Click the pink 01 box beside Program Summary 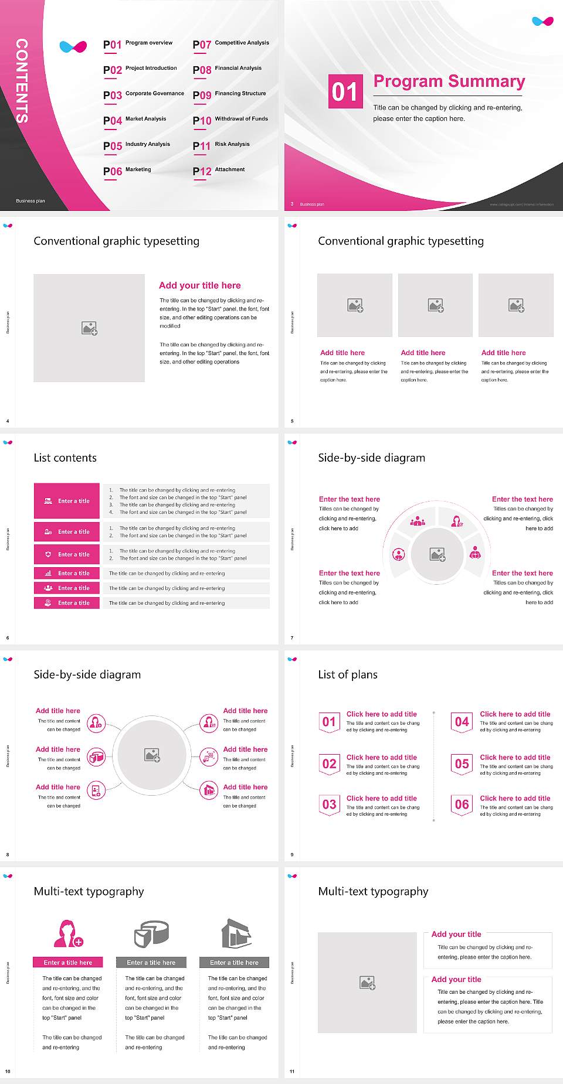(345, 91)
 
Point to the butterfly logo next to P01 (73, 46)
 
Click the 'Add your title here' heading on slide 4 (199, 285)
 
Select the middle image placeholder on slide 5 (435, 305)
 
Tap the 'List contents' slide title (65, 458)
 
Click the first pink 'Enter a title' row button (67, 501)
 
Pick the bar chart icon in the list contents (48, 573)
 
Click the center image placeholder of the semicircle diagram (437, 554)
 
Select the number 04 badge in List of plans (462, 722)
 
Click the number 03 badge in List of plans (329, 805)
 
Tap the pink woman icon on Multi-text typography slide (67, 933)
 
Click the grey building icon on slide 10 (236, 933)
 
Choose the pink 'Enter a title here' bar (67, 962)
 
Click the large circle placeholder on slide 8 (152, 755)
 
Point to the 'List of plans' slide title (348, 674)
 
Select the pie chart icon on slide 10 (151, 933)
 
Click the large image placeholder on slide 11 (368, 982)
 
